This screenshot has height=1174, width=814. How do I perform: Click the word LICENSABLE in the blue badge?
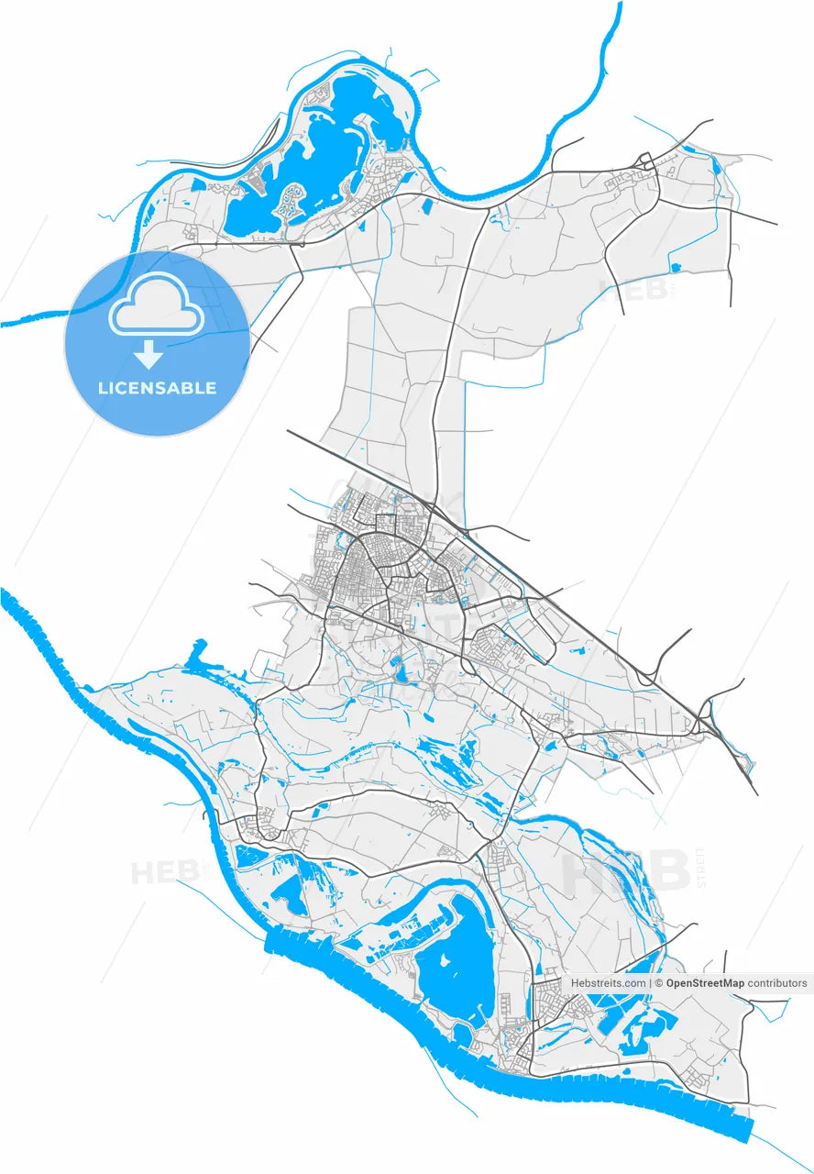point(157,388)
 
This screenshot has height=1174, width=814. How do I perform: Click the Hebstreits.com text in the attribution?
point(608,983)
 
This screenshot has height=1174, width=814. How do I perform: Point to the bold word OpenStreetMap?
point(705,983)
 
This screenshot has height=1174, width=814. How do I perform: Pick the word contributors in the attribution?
point(777,983)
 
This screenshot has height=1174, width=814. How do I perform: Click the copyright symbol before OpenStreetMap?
point(659,983)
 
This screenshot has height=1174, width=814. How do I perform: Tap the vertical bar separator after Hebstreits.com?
point(650,983)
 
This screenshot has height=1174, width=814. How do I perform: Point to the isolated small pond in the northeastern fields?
point(676,268)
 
